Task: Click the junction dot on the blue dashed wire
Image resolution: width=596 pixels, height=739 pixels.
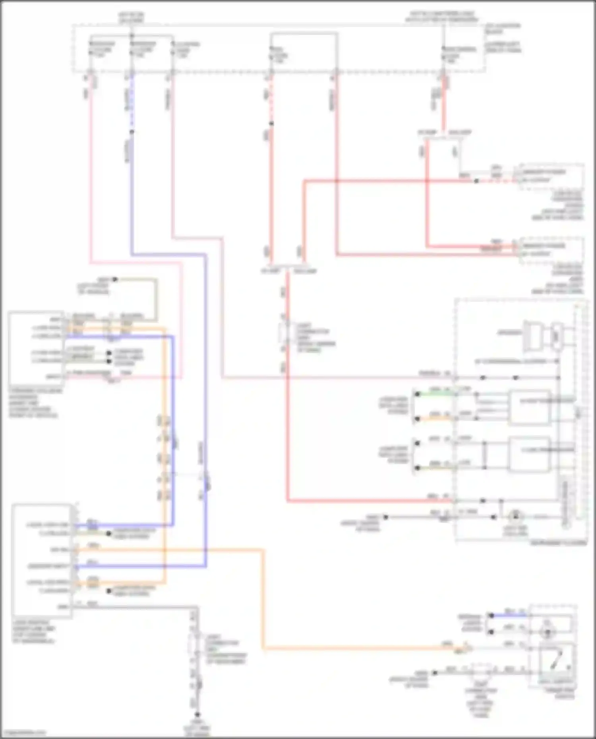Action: click(x=132, y=132)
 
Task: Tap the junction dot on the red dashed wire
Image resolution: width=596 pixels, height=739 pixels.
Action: click(x=271, y=123)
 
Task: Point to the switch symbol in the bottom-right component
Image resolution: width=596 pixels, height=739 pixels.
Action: click(x=554, y=660)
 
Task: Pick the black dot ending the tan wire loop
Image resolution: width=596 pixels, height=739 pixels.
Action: click(x=114, y=280)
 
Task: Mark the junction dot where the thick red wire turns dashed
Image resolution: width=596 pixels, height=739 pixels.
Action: click(x=476, y=181)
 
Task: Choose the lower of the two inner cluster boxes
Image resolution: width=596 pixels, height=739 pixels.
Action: click(x=530, y=455)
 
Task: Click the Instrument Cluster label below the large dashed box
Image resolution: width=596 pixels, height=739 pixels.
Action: click(x=558, y=543)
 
